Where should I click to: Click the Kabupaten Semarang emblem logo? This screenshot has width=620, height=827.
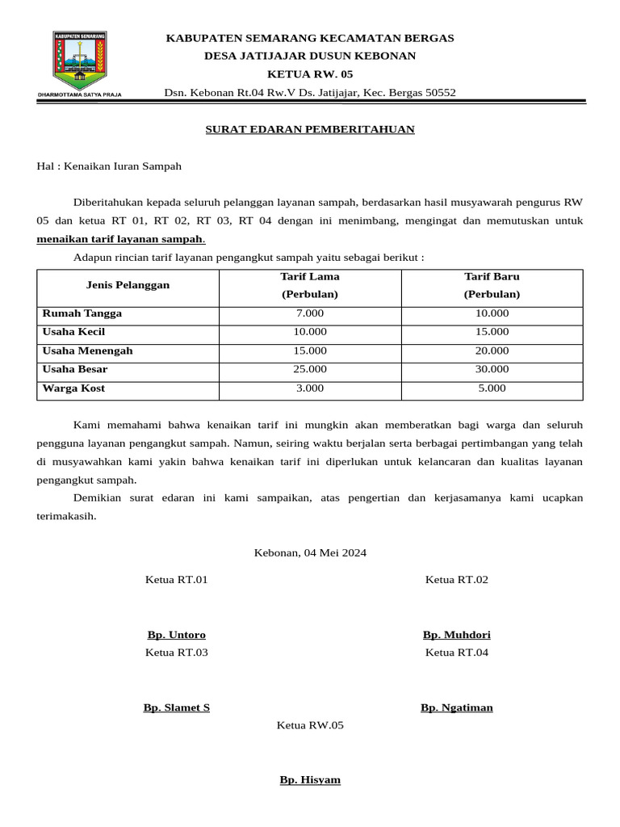tap(80, 63)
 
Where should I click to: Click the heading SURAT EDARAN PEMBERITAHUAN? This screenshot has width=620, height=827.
tap(309, 129)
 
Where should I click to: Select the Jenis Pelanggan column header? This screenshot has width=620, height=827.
tap(128, 286)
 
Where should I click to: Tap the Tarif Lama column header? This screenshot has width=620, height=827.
tap(310, 286)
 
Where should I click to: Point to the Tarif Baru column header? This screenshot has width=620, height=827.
tap(492, 286)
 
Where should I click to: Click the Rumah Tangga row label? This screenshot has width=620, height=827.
tap(82, 313)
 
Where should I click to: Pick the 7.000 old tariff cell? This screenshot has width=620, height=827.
tap(310, 313)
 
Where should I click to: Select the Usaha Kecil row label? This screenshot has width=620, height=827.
tap(73, 332)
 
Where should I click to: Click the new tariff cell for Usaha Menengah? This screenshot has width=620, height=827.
tap(492, 351)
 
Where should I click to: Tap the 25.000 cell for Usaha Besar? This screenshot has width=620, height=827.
tap(310, 369)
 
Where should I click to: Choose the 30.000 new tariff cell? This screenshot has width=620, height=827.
tap(492, 369)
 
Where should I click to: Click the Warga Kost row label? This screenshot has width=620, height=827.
tap(73, 388)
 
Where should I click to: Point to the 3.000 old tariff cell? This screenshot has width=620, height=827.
tap(310, 388)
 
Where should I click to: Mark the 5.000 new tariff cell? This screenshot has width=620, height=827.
tap(492, 388)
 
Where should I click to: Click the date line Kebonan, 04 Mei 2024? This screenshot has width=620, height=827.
tap(310, 553)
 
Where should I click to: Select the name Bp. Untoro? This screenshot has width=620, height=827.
tap(176, 635)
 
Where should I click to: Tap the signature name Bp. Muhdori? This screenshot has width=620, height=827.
tap(456, 635)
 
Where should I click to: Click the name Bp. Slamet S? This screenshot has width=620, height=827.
tap(176, 707)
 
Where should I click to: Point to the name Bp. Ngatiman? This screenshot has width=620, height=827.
tap(456, 707)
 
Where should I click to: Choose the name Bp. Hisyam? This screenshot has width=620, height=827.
tap(310, 780)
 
